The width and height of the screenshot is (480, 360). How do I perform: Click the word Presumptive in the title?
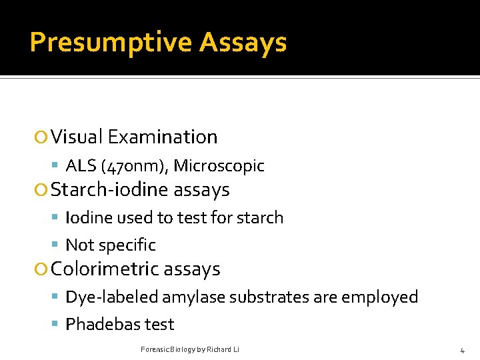(x=110, y=43)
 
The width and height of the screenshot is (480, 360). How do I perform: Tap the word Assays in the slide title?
(x=243, y=43)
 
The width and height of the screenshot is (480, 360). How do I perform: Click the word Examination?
(x=163, y=137)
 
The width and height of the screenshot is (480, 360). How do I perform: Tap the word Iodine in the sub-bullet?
(x=90, y=218)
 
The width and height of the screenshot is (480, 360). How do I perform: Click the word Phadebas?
(x=99, y=325)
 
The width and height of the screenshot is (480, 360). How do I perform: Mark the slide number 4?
(x=462, y=349)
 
